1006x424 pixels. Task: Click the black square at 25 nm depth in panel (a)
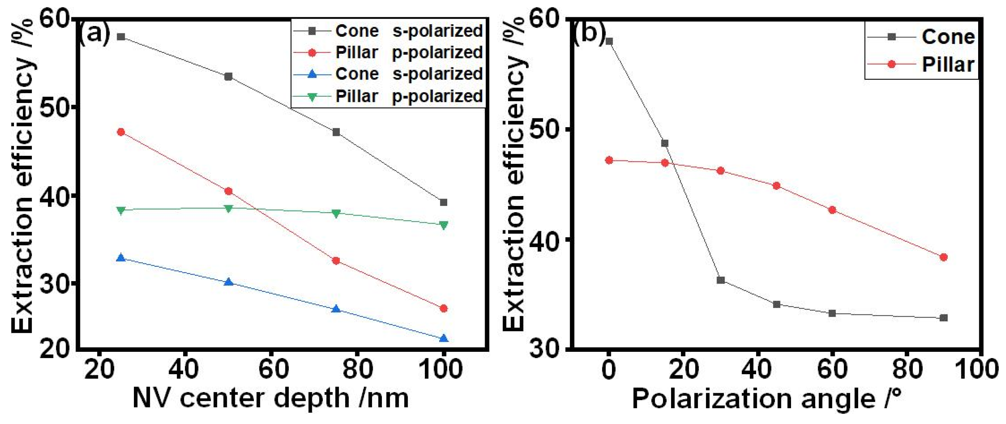[x=121, y=37]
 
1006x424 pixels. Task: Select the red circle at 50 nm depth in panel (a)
[x=229, y=191]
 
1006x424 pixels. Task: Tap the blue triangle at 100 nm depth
[x=443, y=339]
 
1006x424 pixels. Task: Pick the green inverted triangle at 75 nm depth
[x=336, y=213]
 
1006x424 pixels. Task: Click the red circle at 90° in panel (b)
[x=944, y=257]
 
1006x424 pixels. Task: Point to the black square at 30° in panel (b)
[x=721, y=280]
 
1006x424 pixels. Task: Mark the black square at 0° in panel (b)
[x=609, y=41]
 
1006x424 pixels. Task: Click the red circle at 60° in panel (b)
[x=832, y=210]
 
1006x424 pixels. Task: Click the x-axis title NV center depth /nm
[x=271, y=398]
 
